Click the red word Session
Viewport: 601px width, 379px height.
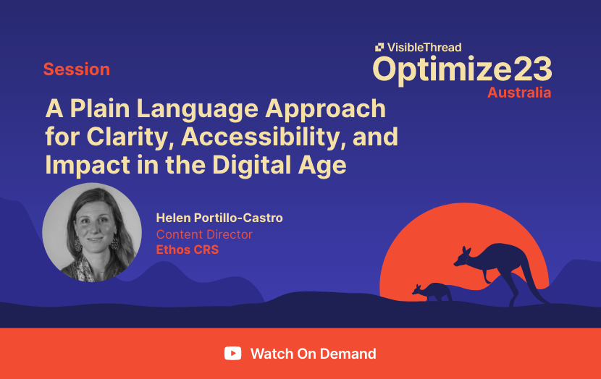(77, 69)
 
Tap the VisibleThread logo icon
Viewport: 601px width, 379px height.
(379, 47)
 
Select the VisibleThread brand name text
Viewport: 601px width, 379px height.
(424, 47)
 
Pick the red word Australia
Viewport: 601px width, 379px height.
(519, 93)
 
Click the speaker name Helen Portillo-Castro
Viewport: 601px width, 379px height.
(219, 218)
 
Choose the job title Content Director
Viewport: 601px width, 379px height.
(204, 234)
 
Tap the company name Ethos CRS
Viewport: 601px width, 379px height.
(188, 250)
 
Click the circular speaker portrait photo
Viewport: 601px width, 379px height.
(92, 232)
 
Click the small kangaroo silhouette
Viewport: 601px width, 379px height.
(433, 291)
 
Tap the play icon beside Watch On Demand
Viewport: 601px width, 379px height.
(233, 354)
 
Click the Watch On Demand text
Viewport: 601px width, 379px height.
(313, 354)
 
